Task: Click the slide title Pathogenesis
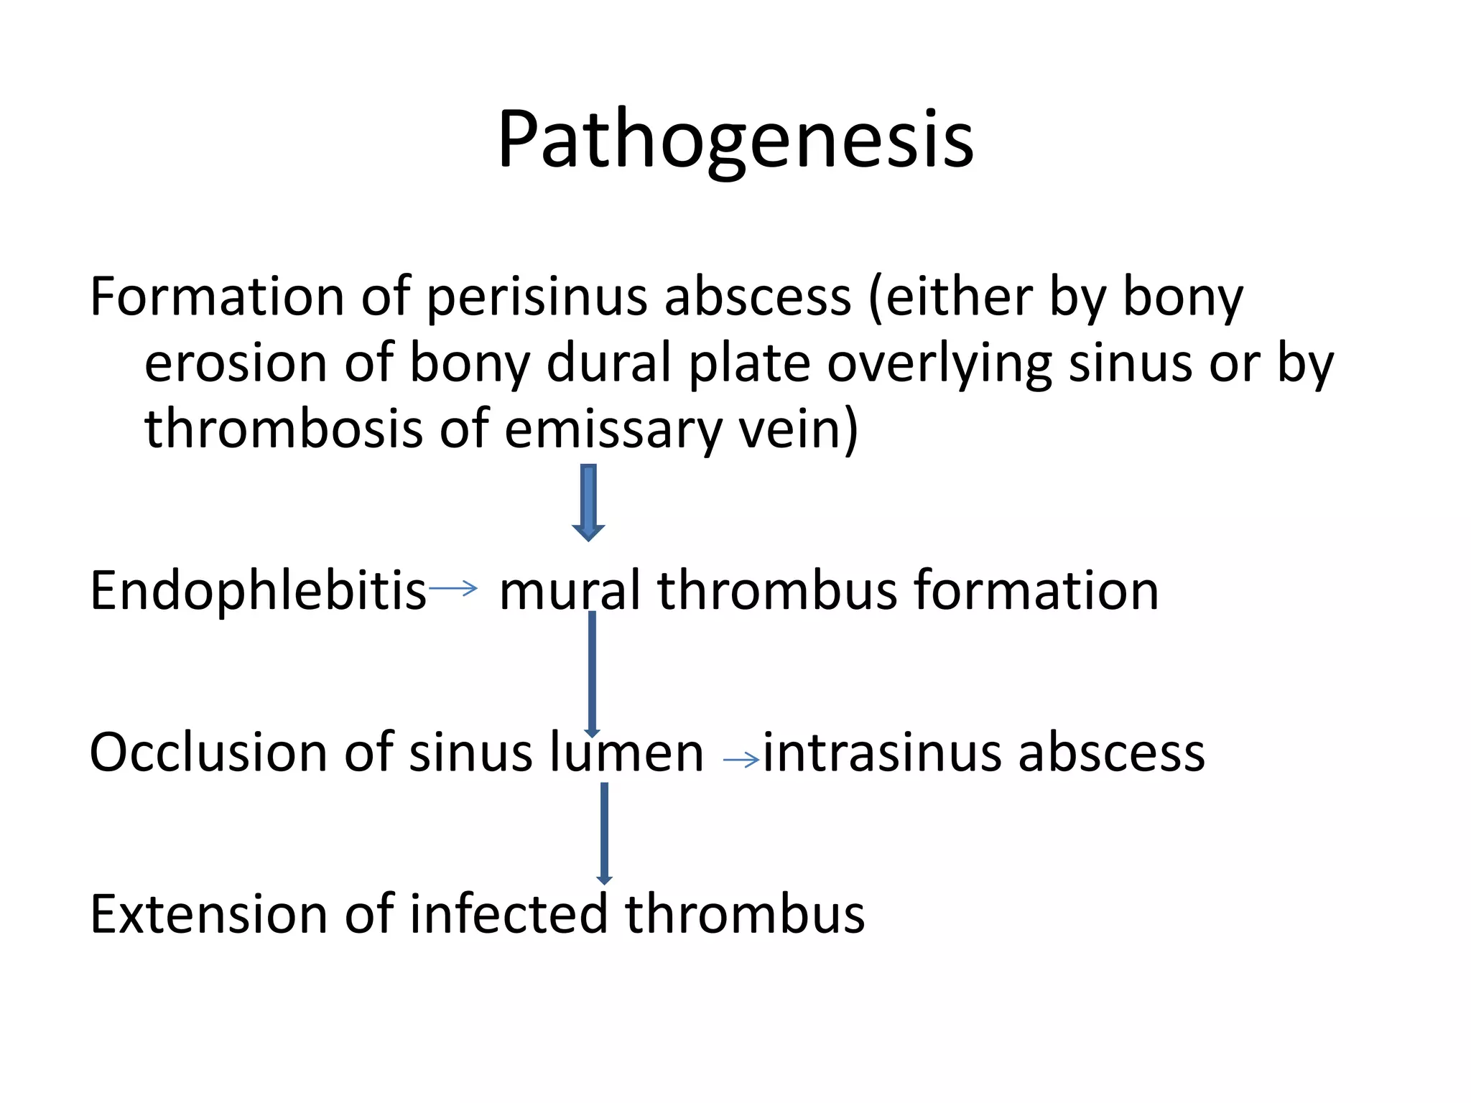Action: click(735, 140)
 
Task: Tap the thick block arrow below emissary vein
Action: click(588, 502)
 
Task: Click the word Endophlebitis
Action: click(258, 590)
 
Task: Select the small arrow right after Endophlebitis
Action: click(453, 589)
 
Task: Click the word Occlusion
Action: click(208, 753)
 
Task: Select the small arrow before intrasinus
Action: click(741, 760)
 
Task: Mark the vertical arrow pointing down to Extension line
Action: click(604, 833)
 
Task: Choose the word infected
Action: click(509, 914)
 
